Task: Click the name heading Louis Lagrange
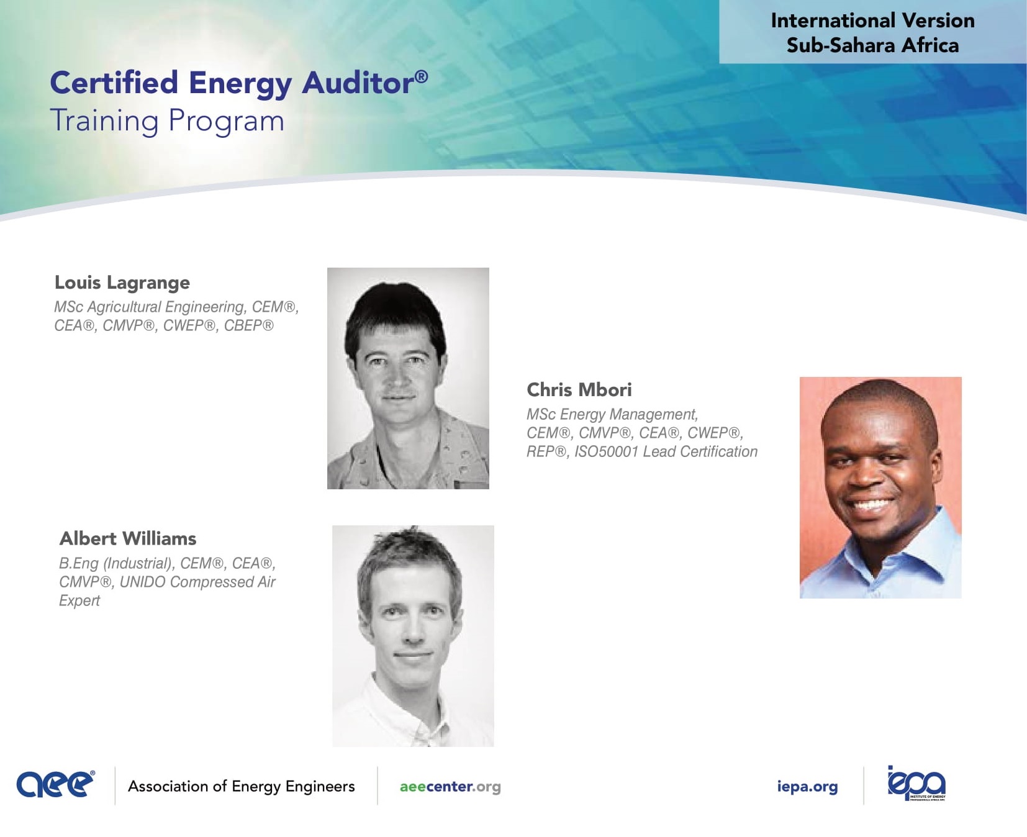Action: click(122, 283)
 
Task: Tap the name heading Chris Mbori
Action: click(579, 390)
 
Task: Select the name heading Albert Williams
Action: click(128, 538)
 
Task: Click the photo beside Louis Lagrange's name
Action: click(408, 378)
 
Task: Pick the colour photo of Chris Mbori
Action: click(880, 487)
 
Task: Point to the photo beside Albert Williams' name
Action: click(413, 636)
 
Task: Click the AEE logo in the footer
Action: click(56, 784)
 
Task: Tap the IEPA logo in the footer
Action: click(916, 784)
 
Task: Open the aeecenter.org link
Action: click(450, 787)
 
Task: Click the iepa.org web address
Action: click(807, 787)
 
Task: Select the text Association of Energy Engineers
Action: click(242, 787)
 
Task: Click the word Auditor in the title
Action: click(358, 83)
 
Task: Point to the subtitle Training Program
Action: click(167, 121)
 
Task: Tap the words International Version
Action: click(872, 20)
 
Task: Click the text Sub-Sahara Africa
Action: click(872, 45)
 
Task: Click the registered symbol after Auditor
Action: click(421, 76)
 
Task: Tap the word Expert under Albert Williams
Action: click(79, 601)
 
